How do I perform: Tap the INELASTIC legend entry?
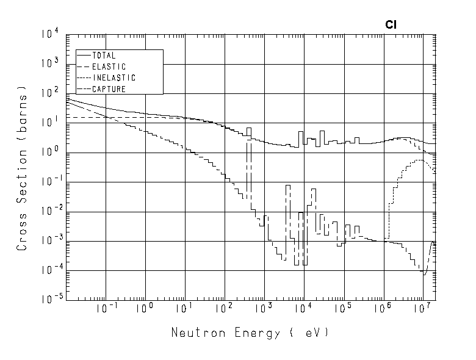(114, 78)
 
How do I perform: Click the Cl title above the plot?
(391, 25)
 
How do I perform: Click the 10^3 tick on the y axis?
(49, 64)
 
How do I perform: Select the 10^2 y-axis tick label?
(49, 93)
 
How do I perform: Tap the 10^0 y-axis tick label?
(49, 153)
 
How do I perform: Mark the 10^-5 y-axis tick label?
(48, 300)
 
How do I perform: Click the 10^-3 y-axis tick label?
(48, 241)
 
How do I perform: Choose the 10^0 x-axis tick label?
(145, 308)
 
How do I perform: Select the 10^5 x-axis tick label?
(343, 308)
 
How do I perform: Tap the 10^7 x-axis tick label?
(422, 308)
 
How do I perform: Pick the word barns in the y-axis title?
(23, 112)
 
